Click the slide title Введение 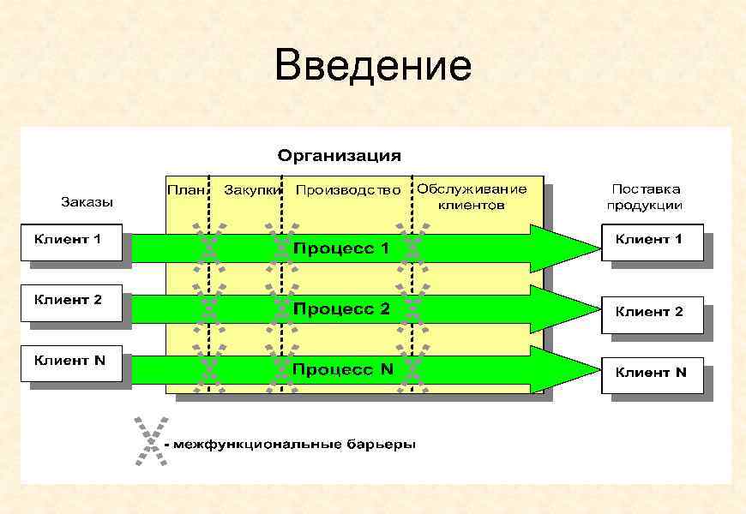click(373, 66)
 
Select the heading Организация click(339, 156)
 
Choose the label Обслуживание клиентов click(471, 196)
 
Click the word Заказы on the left click(87, 202)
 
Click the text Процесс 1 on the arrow click(342, 248)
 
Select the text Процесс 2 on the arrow click(342, 308)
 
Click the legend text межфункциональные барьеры click(292, 445)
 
